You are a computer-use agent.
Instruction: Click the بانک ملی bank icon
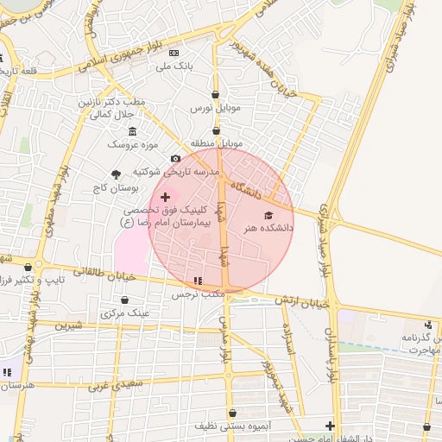click(x=174, y=53)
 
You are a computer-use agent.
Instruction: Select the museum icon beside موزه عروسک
click(x=132, y=131)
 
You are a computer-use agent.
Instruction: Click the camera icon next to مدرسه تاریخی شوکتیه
click(x=176, y=158)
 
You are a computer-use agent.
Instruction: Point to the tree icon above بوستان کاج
click(x=117, y=174)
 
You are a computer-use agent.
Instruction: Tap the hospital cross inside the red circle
click(x=165, y=198)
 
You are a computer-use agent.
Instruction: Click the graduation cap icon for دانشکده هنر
click(x=268, y=214)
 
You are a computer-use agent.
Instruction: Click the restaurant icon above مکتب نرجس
click(x=199, y=281)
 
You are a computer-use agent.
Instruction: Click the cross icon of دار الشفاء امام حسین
click(x=331, y=425)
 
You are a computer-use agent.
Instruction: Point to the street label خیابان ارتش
click(x=303, y=301)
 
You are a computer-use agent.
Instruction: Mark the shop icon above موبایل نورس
click(x=215, y=95)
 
